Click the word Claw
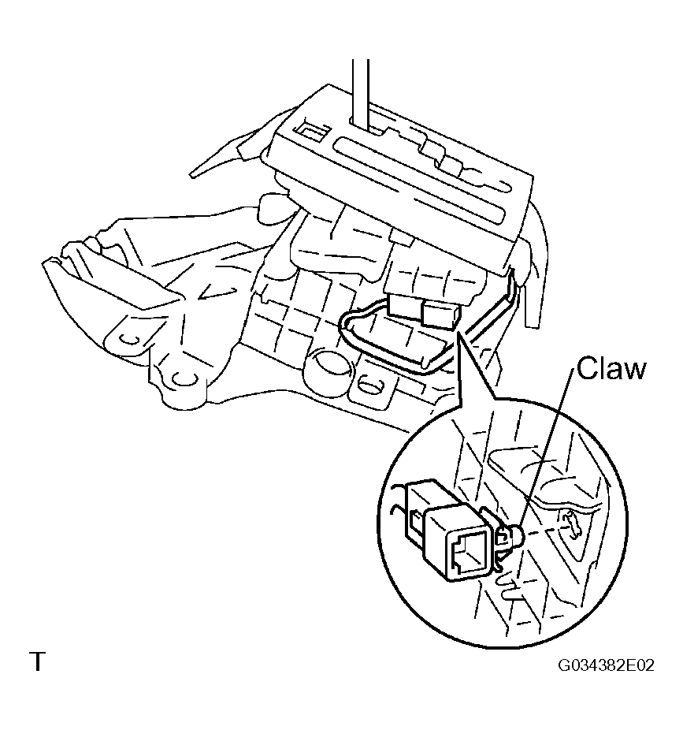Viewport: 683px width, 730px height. coord(611,369)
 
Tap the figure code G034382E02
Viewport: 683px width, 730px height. coord(606,665)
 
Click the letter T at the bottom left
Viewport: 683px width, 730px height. coord(37,661)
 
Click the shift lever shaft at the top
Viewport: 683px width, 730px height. coord(361,93)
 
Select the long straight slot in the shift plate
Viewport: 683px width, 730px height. coord(421,178)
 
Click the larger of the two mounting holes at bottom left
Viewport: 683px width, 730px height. coord(183,379)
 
